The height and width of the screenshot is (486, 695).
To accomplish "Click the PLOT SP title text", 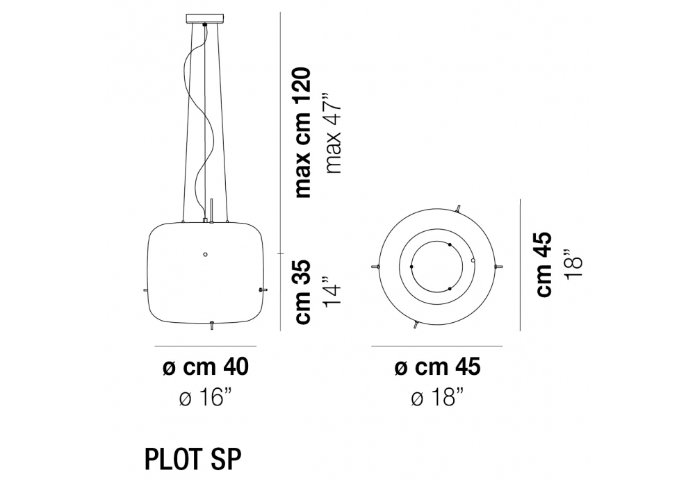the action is [x=193, y=460].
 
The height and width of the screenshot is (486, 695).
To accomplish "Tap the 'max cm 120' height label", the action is [x=303, y=133].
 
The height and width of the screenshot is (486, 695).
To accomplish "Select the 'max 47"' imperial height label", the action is [x=334, y=133].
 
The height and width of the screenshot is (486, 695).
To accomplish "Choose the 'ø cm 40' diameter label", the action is [x=206, y=367].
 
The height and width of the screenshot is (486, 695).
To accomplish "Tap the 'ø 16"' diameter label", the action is [x=206, y=399].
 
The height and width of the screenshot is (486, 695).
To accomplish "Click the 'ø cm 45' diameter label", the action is [x=437, y=367].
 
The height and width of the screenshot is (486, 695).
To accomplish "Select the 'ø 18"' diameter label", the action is [x=437, y=399].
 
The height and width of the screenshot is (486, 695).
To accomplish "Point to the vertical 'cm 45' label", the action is [x=544, y=265].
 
